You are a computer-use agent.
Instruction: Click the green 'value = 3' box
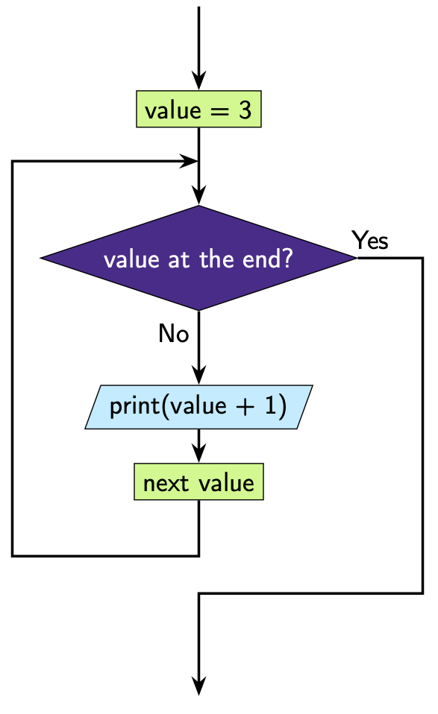(198, 110)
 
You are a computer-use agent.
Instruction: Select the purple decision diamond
(198, 259)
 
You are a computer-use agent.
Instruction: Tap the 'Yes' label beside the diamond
(370, 241)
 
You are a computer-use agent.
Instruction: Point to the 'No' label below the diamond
(173, 334)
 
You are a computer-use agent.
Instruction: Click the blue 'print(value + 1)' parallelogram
(198, 408)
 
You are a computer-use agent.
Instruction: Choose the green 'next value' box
(198, 482)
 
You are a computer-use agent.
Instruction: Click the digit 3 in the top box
(245, 110)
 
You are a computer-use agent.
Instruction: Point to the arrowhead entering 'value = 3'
(198, 82)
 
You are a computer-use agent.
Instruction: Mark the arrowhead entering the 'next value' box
(198, 454)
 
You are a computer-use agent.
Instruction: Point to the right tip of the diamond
(356, 259)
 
